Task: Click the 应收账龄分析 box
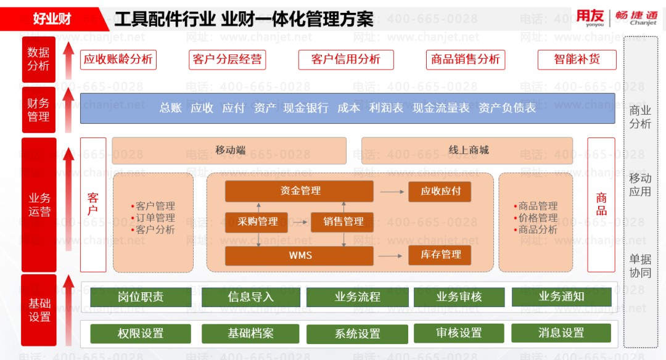click(118, 60)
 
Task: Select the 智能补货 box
click(577, 60)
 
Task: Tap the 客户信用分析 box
click(345, 60)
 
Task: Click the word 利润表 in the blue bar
click(386, 108)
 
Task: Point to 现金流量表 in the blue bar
click(441, 108)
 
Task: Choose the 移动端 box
click(229, 150)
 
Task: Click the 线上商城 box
click(467, 150)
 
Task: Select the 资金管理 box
click(299, 191)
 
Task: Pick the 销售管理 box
click(342, 222)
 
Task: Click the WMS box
click(299, 255)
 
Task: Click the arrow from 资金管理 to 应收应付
click(391, 192)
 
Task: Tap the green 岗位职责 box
click(141, 297)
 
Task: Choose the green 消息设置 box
click(561, 333)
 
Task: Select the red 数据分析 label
click(38, 59)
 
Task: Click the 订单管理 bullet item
click(154, 218)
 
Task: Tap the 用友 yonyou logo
click(590, 17)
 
